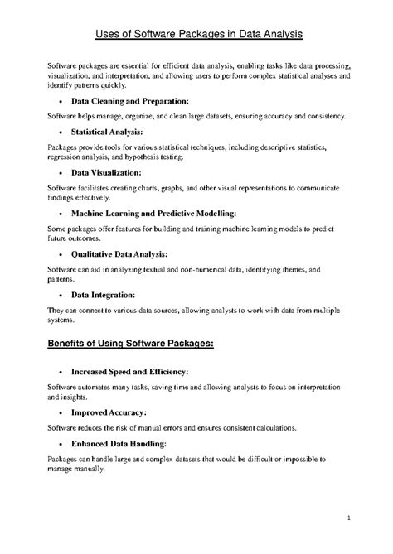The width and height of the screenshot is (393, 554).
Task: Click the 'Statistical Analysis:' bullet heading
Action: point(107,132)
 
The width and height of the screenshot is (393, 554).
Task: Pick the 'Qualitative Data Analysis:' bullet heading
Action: point(119,253)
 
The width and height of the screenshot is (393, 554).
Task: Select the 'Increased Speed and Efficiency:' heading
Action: point(129,372)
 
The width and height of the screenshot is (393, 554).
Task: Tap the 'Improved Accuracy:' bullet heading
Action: point(109,412)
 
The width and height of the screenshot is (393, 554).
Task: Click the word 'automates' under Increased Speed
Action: point(95,388)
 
